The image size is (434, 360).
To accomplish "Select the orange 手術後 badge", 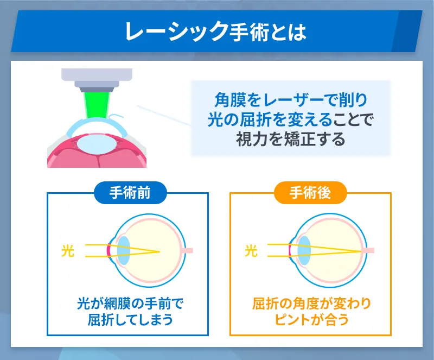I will [x=310, y=193].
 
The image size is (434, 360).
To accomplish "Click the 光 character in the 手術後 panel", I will [x=251, y=250].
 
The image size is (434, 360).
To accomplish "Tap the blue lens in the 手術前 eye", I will [x=123, y=250].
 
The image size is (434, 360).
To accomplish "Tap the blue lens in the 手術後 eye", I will [x=304, y=250].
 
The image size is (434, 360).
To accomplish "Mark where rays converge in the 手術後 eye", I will [x=362, y=251].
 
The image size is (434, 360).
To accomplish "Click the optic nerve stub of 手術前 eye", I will [x=188, y=251].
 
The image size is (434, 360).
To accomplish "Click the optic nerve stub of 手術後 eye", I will [x=369, y=251].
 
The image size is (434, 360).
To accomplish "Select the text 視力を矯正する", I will [x=290, y=139].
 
